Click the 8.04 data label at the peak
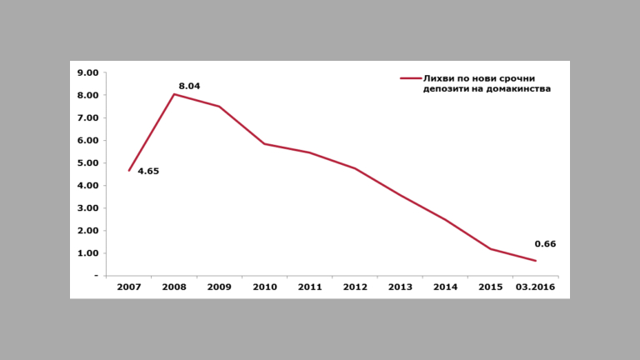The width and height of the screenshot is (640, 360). tap(190, 85)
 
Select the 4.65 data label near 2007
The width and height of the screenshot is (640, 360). tap(148, 171)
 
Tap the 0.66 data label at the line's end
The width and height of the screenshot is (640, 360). tap(545, 244)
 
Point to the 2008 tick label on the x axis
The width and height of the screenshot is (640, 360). tap(174, 287)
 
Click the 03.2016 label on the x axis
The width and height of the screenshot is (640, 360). tap(536, 287)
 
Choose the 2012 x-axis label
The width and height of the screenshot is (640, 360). tap(355, 287)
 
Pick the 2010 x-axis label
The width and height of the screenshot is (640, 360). tap(265, 287)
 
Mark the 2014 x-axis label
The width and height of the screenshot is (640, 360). tap(446, 287)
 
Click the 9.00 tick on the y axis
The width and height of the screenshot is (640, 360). tap(87, 72)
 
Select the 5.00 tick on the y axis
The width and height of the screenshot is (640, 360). tap(87, 162)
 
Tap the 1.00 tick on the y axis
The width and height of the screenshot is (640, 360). tap(87, 252)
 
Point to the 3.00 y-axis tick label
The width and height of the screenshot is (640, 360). tap(87, 207)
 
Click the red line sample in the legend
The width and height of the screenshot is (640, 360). tap(410, 77)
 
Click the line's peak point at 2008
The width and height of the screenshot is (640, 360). tap(174, 94)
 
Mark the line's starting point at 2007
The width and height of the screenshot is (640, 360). tap(129, 170)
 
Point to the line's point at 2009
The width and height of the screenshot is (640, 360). tap(219, 107)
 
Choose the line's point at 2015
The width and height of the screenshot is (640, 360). tap(491, 248)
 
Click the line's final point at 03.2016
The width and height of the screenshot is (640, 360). tap(536, 261)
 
